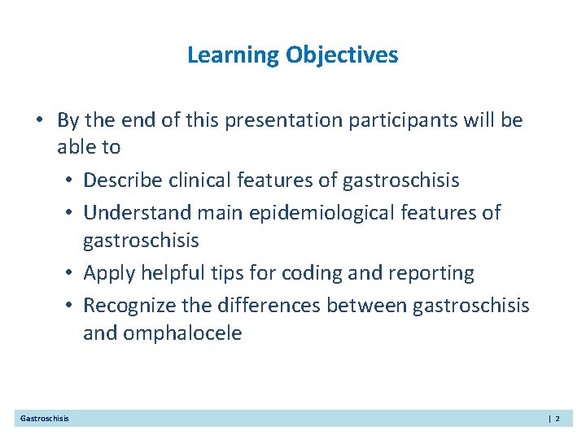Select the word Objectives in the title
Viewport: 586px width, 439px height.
pos(342,55)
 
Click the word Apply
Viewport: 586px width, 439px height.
pos(109,273)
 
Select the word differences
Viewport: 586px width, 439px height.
pos(265,305)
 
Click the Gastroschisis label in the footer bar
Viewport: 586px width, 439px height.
pos(45,419)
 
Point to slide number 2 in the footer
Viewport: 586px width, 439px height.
pos(558,419)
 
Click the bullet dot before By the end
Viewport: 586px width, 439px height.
pos(40,121)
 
